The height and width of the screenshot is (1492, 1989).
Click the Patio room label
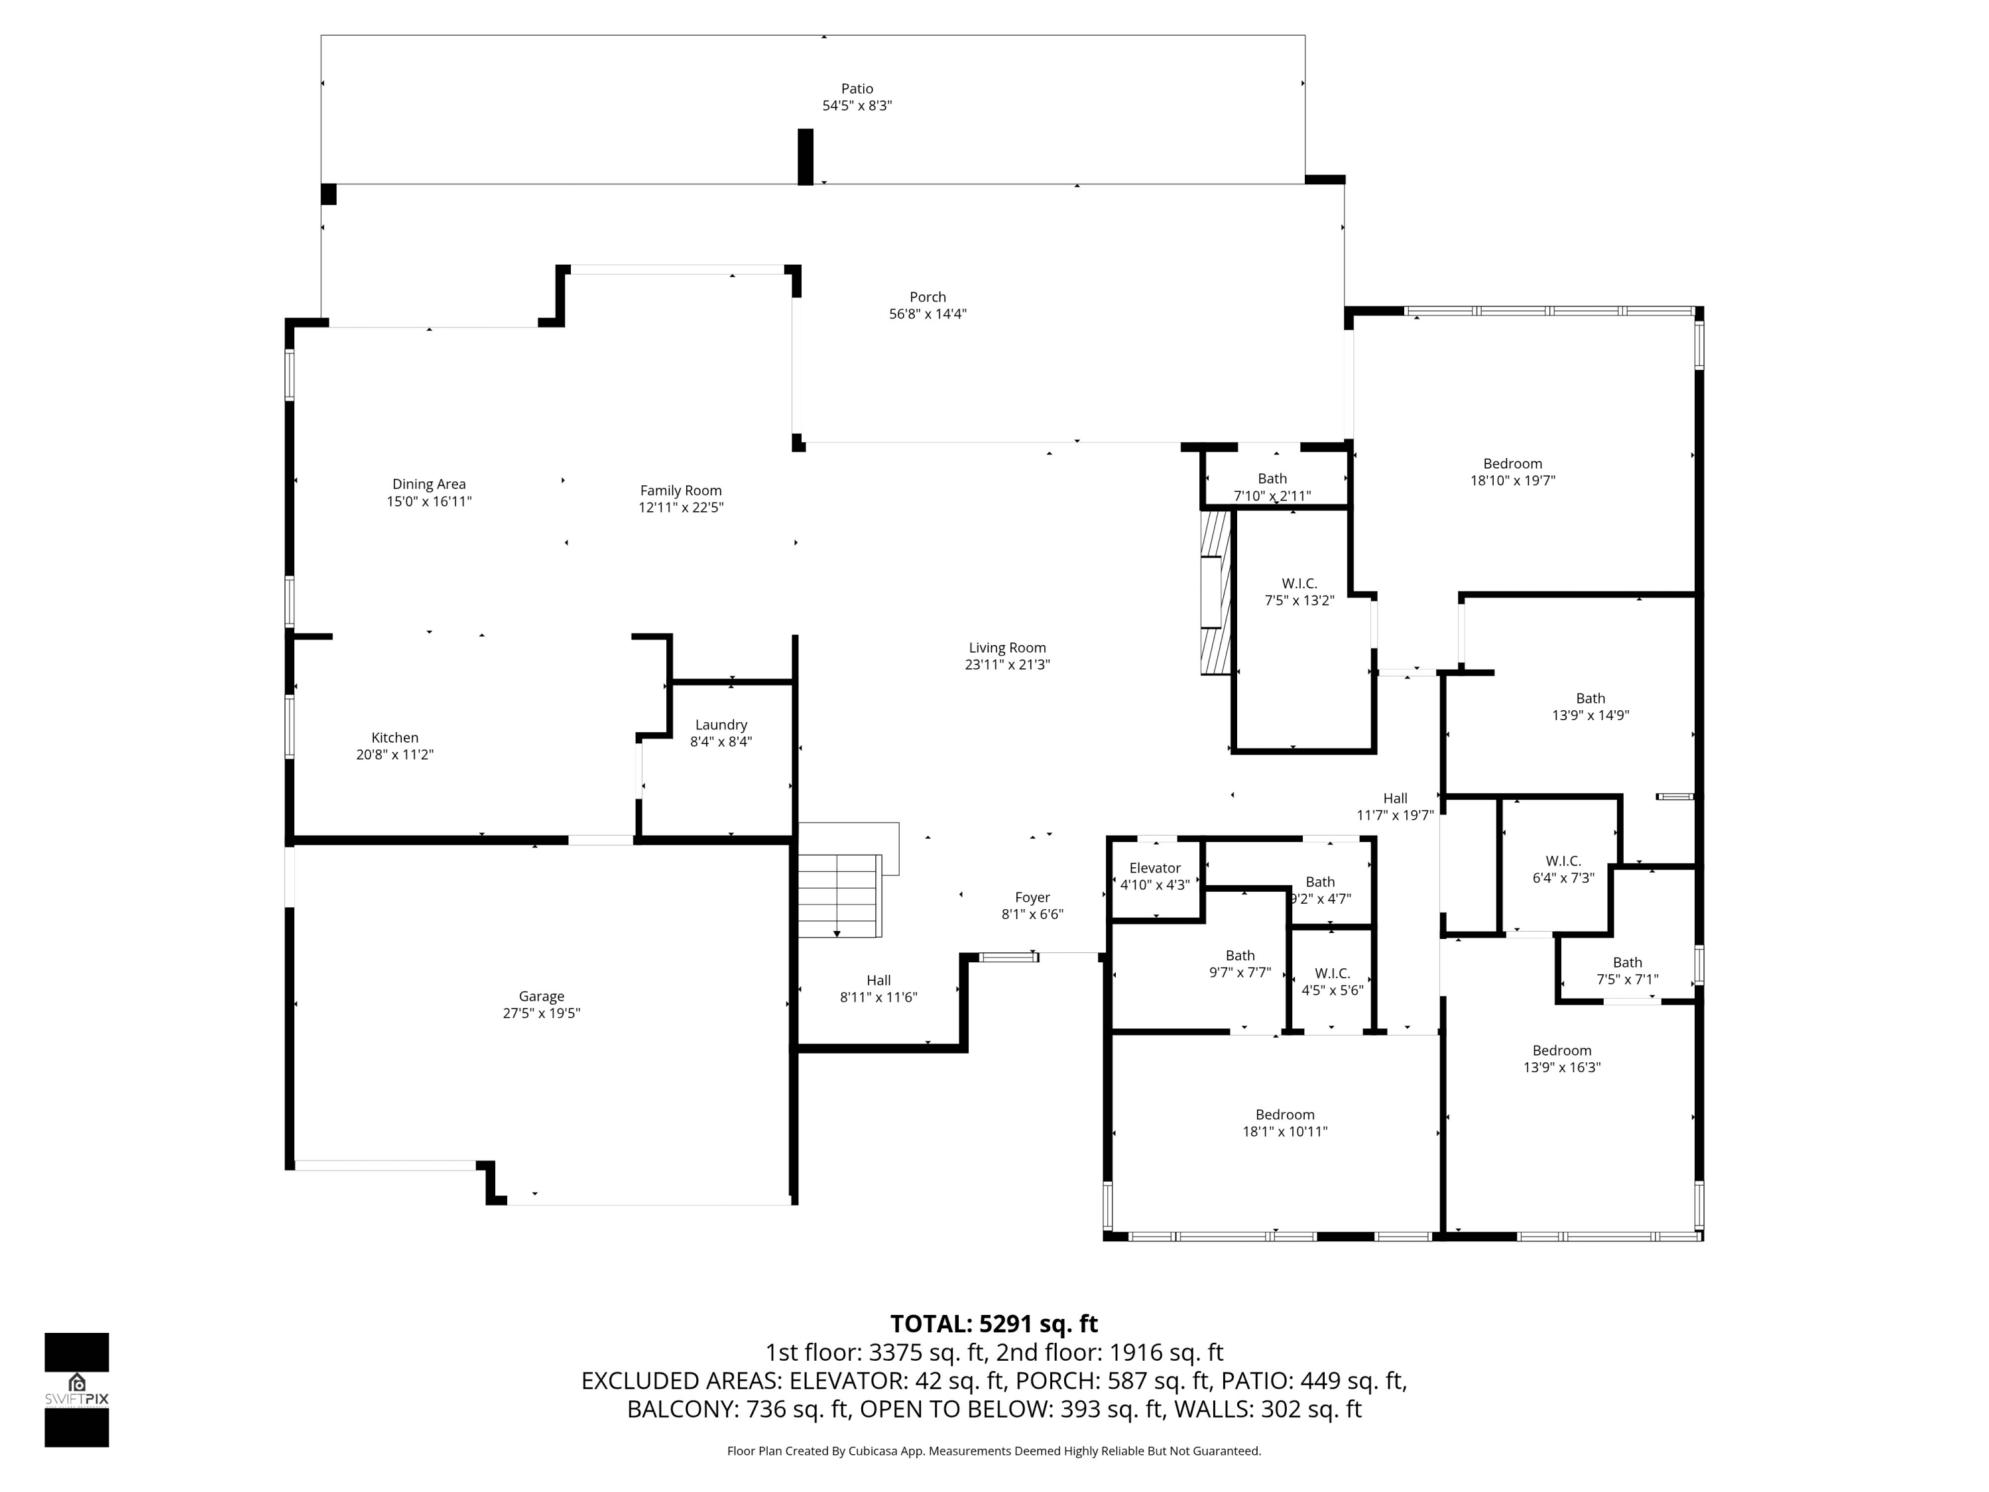point(857,88)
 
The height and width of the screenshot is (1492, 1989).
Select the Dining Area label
point(429,484)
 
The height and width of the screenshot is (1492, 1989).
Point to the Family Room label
point(681,490)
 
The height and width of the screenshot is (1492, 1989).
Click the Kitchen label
point(394,737)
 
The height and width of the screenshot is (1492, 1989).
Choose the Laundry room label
point(721,725)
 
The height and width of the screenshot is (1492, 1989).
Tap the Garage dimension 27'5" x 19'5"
point(541,1013)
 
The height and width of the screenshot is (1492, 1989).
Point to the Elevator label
point(1154,868)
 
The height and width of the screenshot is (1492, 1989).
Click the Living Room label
point(1007,647)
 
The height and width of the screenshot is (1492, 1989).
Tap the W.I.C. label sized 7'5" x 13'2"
point(1299,584)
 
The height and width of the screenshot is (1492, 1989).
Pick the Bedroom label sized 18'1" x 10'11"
point(1285,1114)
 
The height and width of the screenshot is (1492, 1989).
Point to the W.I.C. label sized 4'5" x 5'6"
point(1332,973)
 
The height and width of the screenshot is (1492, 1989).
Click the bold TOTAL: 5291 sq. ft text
point(994,1324)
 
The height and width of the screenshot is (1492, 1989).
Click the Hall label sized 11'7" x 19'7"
point(1395,798)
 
